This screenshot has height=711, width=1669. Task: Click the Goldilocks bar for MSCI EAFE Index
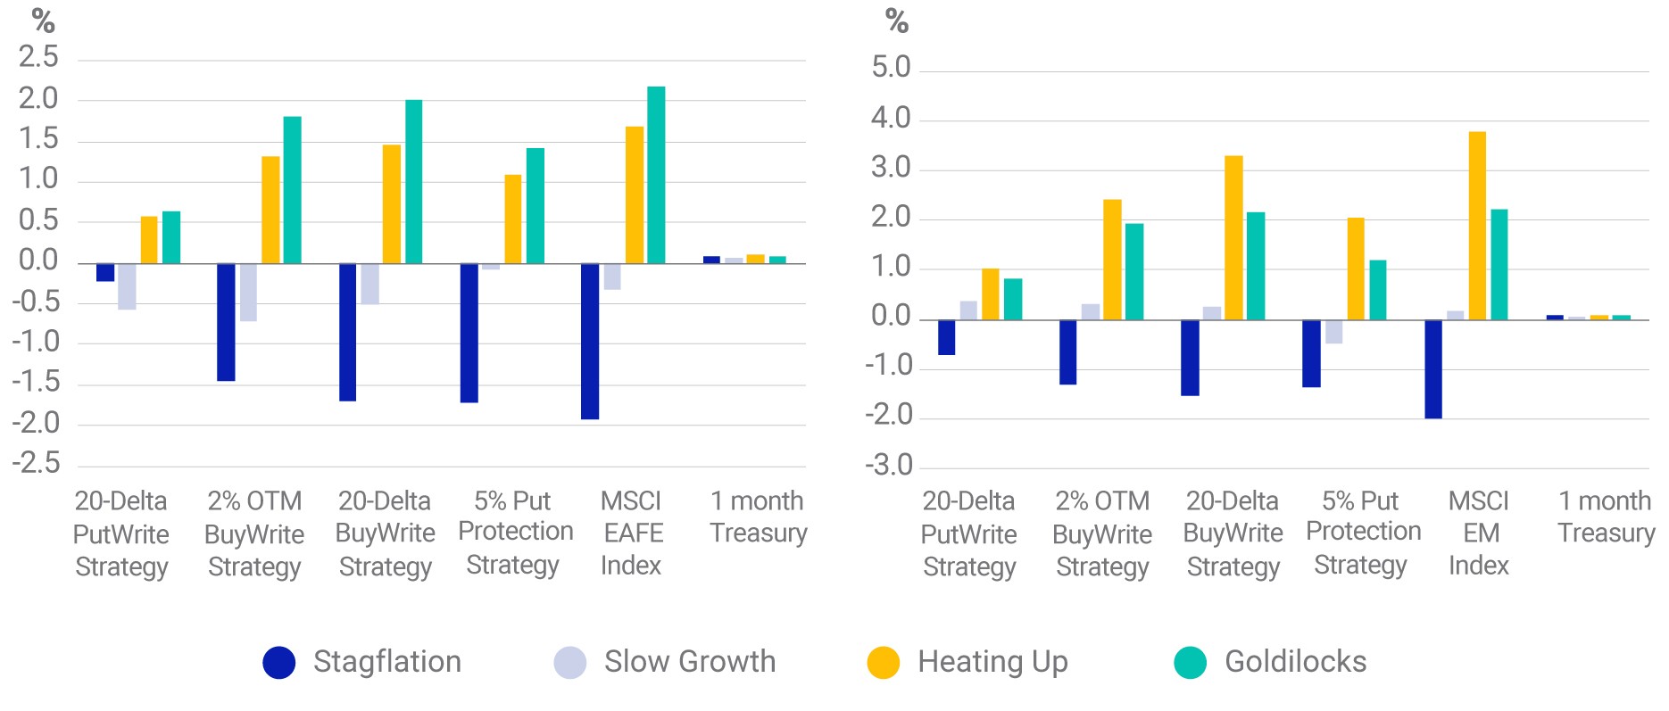pyautogui.click(x=656, y=175)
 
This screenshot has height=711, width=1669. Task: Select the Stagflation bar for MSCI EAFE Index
pyautogui.click(x=590, y=341)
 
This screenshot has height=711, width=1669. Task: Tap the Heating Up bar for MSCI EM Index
pyautogui.click(x=1477, y=226)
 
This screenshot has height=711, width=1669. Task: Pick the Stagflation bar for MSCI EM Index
pyautogui.click(x=1433, y=369)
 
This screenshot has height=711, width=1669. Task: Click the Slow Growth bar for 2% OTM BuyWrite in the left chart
pyautogui.click(x=248, y=293)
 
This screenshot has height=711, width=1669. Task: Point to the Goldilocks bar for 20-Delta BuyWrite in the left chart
pyautogui.click(x=414, y=182)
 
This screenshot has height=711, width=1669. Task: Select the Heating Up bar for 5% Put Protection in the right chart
pyautogui.click(x=1356, y=269)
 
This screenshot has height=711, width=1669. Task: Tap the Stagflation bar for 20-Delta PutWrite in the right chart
pyautogui.click(x=947, y=337)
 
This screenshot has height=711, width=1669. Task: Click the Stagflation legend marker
pyautogui.click(x=279, y=663)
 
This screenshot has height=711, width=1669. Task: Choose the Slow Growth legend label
pyautogui.click(x=690, y=662)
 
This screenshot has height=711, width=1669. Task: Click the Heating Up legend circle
pyautogui.click(x=884, y=663)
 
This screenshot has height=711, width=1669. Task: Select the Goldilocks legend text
pyautogui.click(x=1296, y=662)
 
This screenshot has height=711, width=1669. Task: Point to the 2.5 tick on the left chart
pyautogui.click(x=38, y=58)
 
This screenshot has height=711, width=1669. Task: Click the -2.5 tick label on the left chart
pyautogui.click(x=36, y=464)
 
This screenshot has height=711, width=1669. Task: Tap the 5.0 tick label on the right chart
pyautogui.click(x=891, y=68)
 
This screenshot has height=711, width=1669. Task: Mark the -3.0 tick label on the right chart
pyautogui.click(x=889, y=466)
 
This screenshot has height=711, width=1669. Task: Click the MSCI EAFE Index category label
pyautogui.click(x=632, y=533)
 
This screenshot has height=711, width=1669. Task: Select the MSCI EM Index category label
pyautogui.click(x=1479, y=533)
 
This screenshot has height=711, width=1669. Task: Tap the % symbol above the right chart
pyautogui.click(x=897, y=21)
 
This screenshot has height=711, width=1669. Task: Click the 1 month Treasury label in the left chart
pyautogui.click(x=758, y=517)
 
